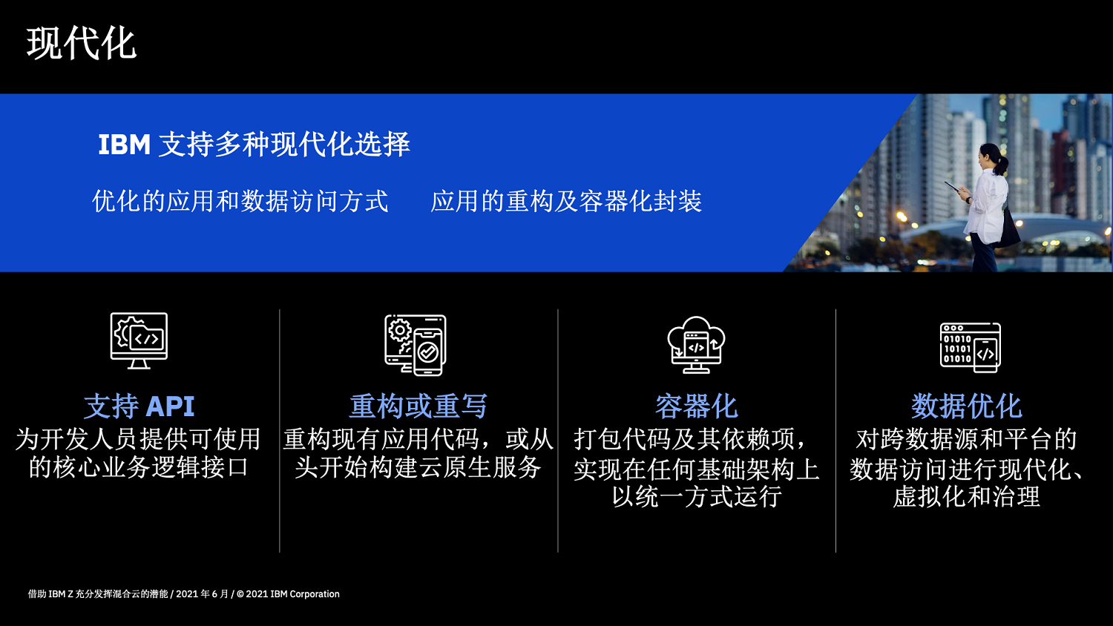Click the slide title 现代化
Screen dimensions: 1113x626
click(x=82, y=44)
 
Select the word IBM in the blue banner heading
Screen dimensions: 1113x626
click(x=124, y=145)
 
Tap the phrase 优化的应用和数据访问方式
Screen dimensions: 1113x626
click(x=240, y=202)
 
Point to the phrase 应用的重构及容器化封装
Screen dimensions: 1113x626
click(x=566, y=202)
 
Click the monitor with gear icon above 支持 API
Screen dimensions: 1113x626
click(x=139, y=341)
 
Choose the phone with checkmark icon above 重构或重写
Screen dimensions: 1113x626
click(x=416, y=345)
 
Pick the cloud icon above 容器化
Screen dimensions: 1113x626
click(x=696, y=345)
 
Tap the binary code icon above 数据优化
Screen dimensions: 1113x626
click(x=971, y=347)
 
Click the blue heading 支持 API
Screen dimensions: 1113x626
click(x=139, y=406)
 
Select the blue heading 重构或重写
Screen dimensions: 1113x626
click(x=418, y=406)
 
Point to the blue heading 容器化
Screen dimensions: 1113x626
click(x=696, y=406)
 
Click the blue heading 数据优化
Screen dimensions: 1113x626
click(x=966, y=406)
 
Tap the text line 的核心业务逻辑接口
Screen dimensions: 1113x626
click(x=139, y=467)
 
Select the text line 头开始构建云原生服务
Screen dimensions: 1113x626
click(x=418, y=467)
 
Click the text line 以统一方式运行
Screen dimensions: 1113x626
click(x=697, y=496)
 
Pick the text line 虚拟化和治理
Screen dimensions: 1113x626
click(x=966, y=496)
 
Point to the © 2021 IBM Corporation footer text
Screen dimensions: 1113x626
click(x=288, y=594)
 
